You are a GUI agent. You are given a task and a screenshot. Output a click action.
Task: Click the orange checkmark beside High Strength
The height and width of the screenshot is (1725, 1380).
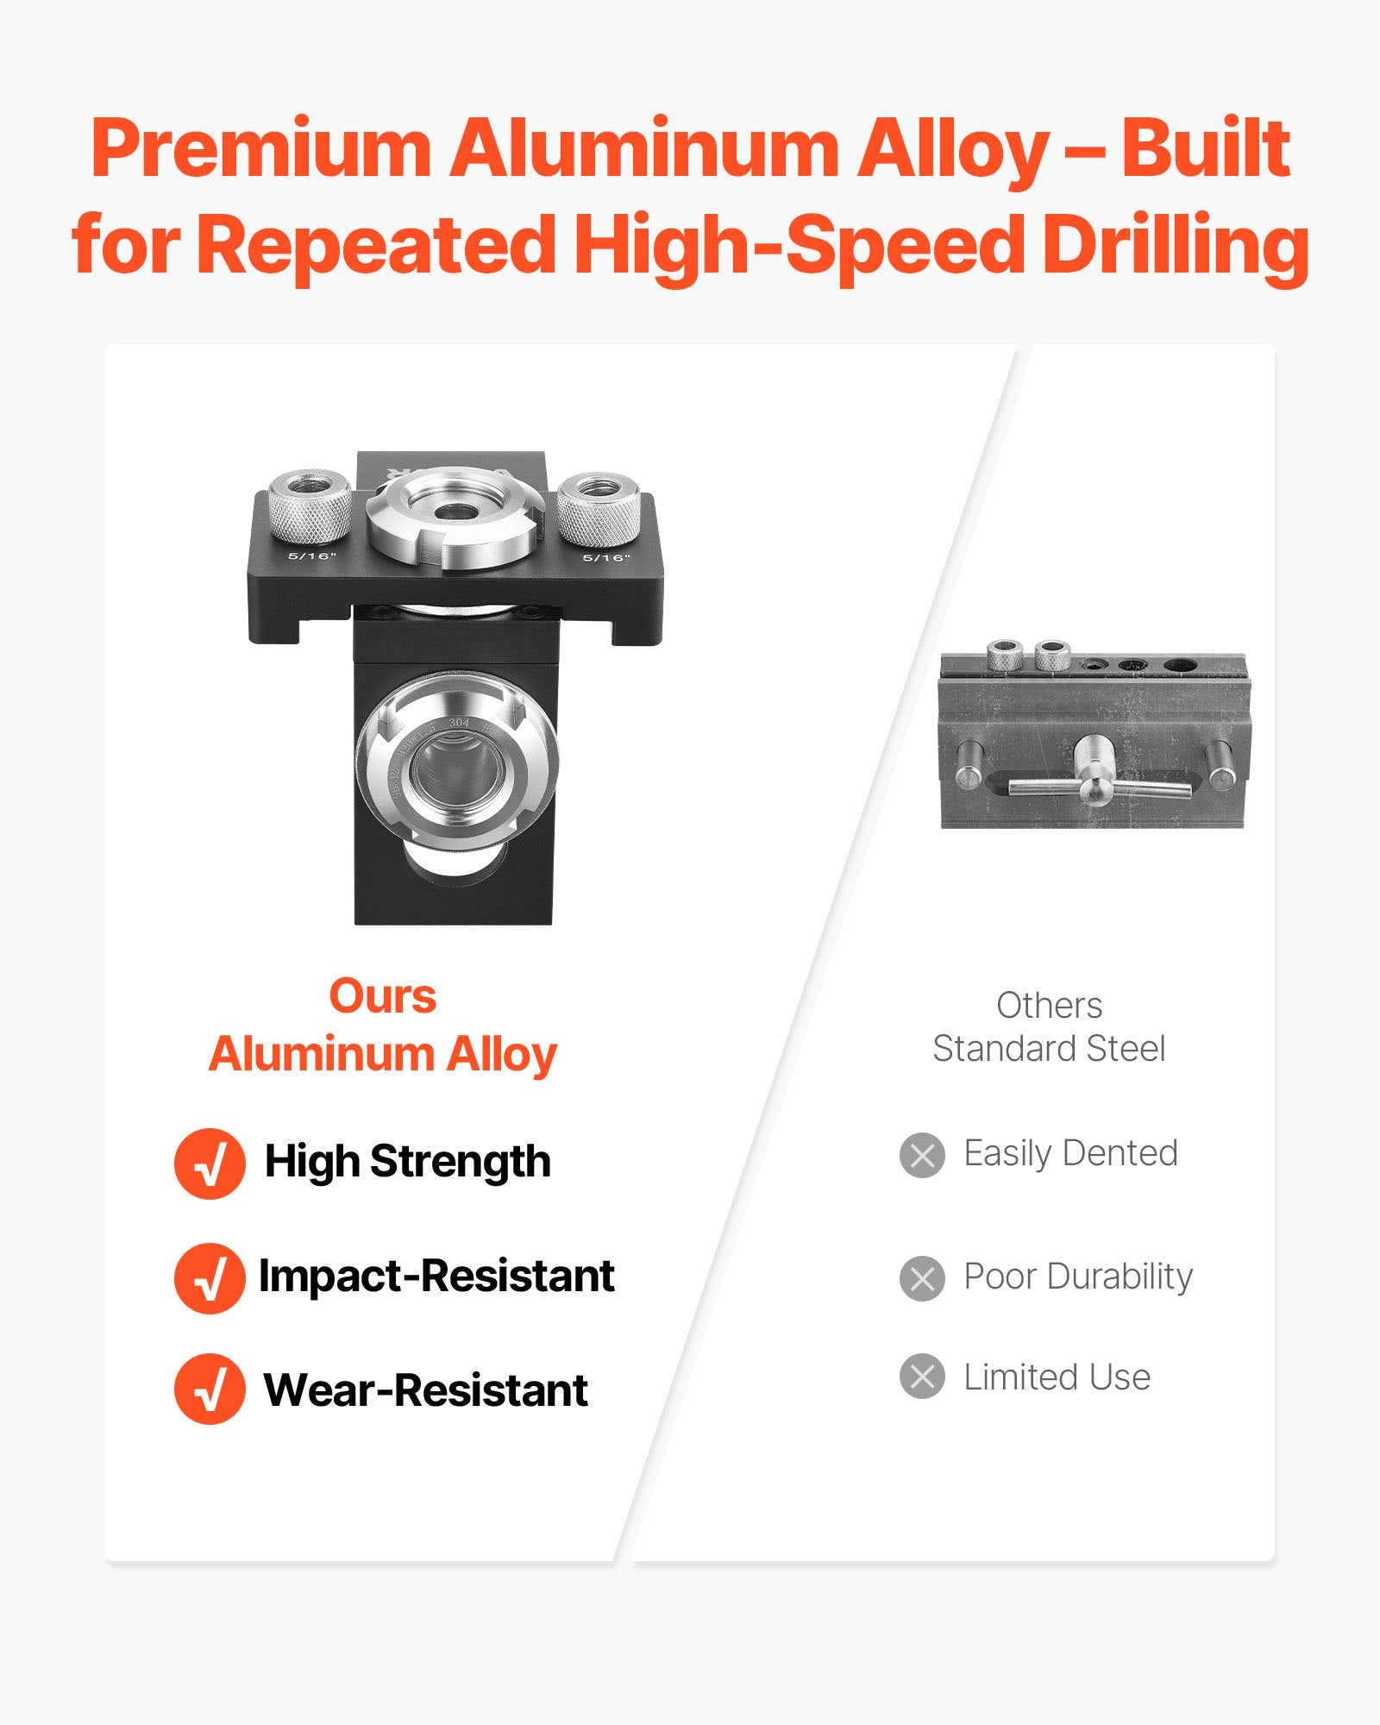(x=210, y=1163)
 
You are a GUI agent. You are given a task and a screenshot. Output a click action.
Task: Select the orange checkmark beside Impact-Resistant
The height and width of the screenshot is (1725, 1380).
(x=210, y=1277)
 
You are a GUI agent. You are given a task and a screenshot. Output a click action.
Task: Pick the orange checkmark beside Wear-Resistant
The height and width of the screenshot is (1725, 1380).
(x=210, y=1389)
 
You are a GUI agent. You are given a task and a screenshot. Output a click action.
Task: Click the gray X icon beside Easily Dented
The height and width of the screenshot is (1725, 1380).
(x=922, y=1155)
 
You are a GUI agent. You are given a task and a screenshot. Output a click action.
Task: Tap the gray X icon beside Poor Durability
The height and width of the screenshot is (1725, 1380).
(x=922, y=1278)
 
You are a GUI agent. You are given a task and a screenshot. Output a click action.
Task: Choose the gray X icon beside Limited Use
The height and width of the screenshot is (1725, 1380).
(x=922, y=1377)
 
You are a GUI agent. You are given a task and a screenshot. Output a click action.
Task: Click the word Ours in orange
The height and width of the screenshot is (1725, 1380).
(x=382, y=997)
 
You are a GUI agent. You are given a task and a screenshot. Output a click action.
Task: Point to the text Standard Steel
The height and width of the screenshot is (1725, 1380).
(x=1049, y=1049)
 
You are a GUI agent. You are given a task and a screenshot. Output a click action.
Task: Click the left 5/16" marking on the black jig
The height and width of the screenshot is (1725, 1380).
(x=311, y=555)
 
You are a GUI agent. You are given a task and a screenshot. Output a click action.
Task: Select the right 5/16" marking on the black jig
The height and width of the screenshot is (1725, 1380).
(x=606, y=557)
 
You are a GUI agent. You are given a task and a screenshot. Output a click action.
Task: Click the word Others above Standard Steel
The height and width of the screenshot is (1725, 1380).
(x=1049, y=1006)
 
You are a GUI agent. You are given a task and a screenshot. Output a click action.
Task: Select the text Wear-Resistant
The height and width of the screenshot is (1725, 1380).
(x=425, y=1390)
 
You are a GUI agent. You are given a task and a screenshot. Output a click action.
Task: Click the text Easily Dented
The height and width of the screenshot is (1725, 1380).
(x=1070, y=1154)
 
